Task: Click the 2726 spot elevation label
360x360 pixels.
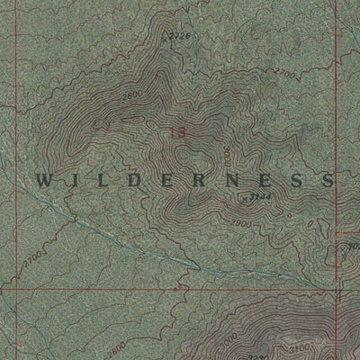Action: [181, 36]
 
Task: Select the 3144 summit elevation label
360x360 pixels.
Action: [260, 195]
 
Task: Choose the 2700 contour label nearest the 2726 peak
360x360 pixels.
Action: [285, 72]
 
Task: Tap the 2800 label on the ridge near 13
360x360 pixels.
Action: [134, 94]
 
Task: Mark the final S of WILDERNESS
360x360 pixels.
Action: [326, 180]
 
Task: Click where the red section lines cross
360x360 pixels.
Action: [335, 289]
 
